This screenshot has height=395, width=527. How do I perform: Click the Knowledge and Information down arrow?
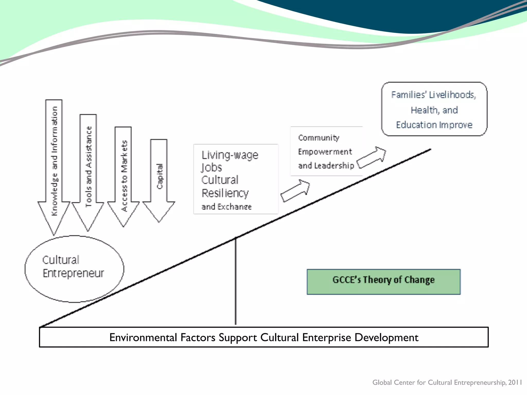tap(54, 165)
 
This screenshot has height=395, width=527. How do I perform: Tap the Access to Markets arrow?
tap(123, 175)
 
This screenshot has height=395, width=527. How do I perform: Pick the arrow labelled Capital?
tap(159, 180)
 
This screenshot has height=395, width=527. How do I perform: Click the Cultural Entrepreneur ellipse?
tap(74, 269)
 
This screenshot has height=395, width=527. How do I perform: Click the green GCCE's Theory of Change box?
tap(383, 282)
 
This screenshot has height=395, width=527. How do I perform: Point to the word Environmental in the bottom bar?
tap(143, 337)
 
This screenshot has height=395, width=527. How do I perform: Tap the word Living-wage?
tap(230, 155)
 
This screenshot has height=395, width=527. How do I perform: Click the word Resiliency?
tap(225, 193)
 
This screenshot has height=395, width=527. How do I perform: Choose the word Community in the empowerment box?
tap(319, 138)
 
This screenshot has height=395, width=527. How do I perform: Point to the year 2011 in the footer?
tap(515, 382)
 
